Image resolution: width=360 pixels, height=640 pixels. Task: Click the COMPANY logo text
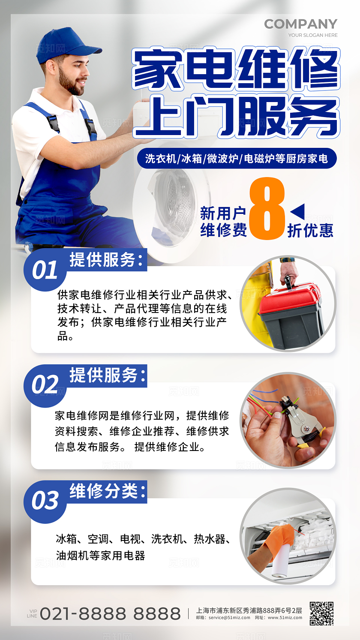[x=300, y=24]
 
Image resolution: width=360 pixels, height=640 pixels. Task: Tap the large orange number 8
[x=267, y=208]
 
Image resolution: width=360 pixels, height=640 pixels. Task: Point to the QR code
[x=321, y=613]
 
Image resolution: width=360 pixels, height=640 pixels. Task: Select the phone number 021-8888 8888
[x=110, y=613]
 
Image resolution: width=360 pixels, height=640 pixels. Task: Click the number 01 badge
[x=45, y=270]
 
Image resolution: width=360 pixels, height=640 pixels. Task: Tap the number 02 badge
[x=45, y=385]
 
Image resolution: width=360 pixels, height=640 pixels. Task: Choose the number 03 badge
[x=45, y=500]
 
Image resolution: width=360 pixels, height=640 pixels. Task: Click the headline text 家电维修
[x=235, y=69]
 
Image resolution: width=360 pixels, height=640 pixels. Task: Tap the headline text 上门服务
[x=235, y=117]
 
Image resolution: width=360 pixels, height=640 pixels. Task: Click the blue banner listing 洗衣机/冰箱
[x=237, y=159]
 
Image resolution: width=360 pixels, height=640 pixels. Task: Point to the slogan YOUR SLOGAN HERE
[x=313, y=35]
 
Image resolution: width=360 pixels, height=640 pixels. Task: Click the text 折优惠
[x=310, y=231]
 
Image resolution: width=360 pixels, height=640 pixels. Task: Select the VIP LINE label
[x=32, y=613]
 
